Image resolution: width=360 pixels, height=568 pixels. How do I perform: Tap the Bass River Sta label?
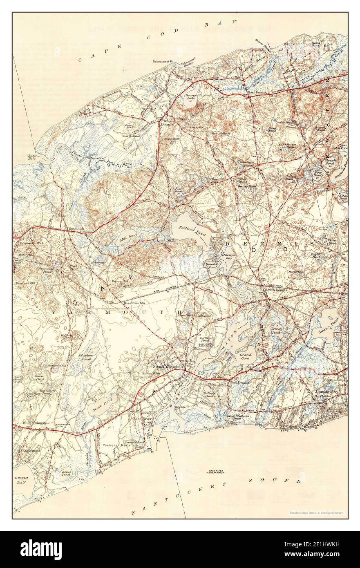134,303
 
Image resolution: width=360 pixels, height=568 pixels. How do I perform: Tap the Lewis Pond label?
66,474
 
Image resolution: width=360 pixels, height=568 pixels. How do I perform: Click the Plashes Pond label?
86,357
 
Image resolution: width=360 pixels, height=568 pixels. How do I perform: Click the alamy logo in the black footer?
43,549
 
